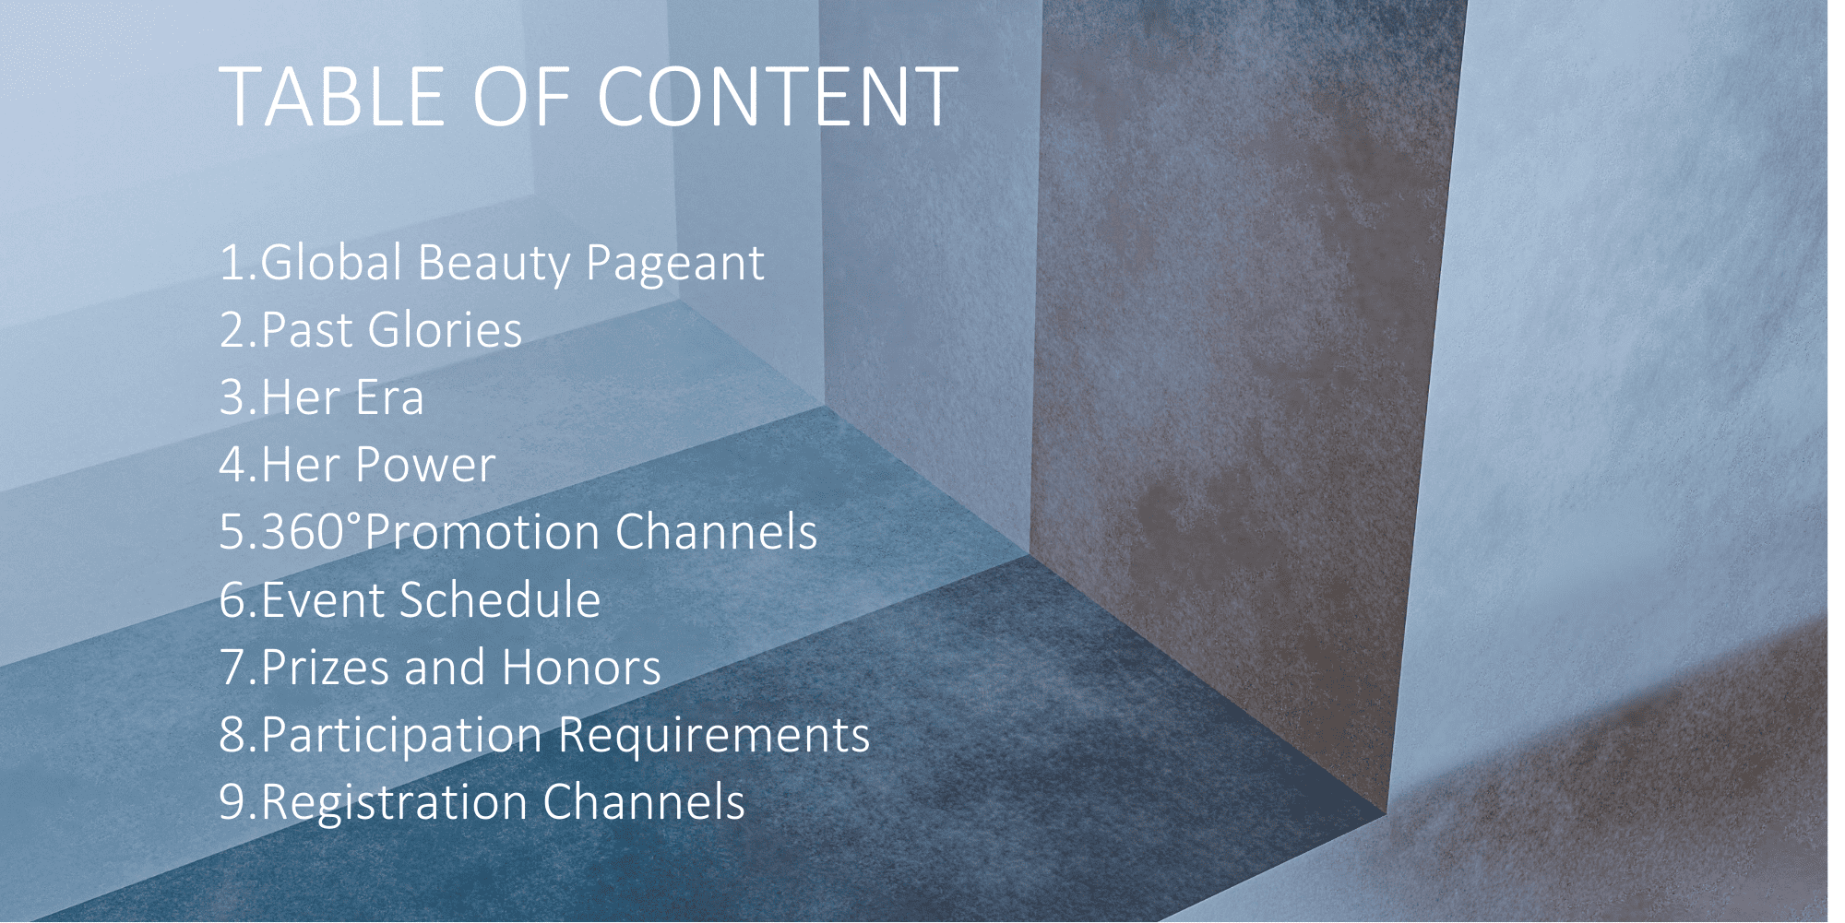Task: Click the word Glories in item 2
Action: pos(445,330)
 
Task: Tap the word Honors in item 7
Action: pos(581,668)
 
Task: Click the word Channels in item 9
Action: pos(644,801)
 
